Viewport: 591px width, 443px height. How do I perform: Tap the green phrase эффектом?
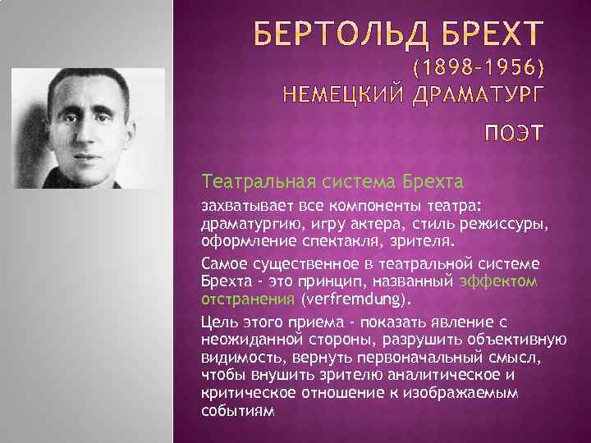click(498, 281)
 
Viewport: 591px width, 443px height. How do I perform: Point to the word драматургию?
click(251, 223)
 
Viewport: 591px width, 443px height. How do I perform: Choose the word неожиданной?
click(250, 340)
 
